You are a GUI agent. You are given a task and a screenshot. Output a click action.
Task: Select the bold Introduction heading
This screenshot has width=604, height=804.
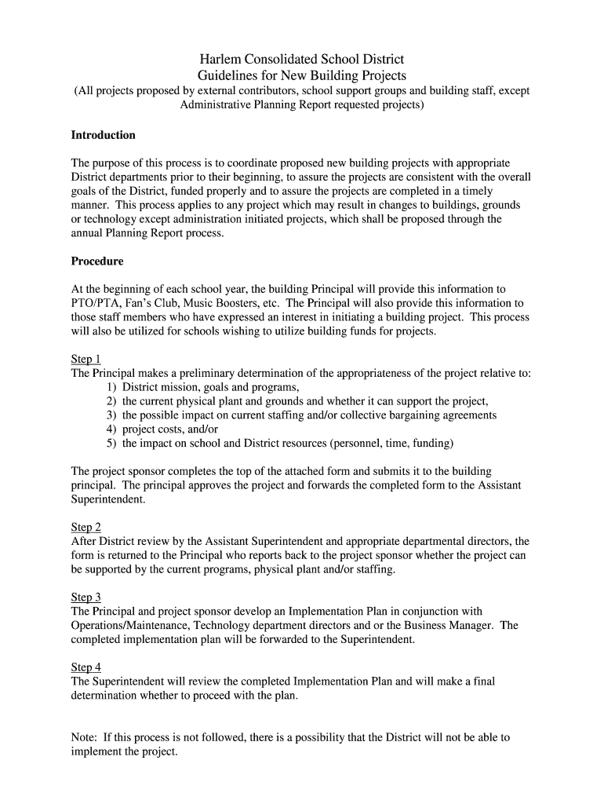click(104, 135)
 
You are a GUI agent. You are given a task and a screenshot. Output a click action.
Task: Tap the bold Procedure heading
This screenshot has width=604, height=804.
click(97, 261)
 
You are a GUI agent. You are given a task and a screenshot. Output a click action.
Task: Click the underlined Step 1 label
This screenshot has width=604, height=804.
click(86, 360)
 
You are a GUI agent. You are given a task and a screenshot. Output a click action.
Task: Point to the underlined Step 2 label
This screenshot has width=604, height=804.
click(86, 528)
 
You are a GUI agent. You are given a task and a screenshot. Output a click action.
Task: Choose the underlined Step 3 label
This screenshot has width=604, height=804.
click(86, 598)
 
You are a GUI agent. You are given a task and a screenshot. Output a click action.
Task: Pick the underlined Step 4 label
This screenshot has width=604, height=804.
click(86, 667)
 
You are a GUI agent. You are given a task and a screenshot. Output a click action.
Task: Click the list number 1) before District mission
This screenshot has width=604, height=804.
click(111, 388)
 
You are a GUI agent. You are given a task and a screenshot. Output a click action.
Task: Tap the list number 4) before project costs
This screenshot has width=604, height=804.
click(111, 429)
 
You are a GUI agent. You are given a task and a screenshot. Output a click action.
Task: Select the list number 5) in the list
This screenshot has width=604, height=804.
click(111, 444)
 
